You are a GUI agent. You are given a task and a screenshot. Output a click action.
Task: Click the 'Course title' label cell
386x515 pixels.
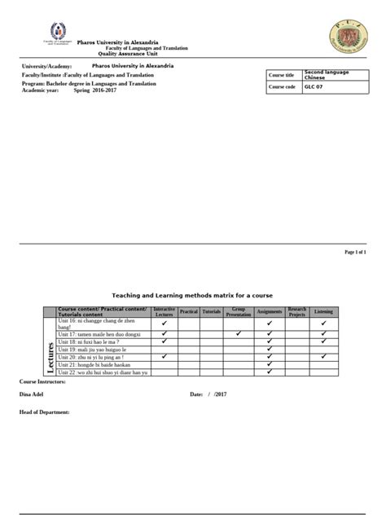[284, 74]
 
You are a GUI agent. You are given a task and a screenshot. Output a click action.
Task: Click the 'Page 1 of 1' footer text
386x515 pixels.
[356, 253]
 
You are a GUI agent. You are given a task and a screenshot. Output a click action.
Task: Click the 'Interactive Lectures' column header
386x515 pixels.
[164, 312]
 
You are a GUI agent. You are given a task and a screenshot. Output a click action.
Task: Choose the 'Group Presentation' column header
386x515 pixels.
[238, 312]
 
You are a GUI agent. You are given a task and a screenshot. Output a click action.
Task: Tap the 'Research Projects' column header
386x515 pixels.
[296, 312]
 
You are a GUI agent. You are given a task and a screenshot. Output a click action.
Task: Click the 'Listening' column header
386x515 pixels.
[323, 312]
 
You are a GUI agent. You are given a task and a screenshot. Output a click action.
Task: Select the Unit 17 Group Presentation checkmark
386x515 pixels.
[238, 332]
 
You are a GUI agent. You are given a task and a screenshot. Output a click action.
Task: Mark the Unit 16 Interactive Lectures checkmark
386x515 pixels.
[164, 324]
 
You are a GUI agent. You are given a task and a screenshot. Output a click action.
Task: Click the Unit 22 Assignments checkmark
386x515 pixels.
[269, 372]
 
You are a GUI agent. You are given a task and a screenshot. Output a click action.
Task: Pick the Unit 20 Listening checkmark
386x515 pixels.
[323, 356]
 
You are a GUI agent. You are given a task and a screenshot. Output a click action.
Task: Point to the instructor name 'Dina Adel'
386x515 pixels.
[32, 394]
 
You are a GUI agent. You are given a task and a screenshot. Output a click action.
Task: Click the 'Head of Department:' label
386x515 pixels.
[44, 412]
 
